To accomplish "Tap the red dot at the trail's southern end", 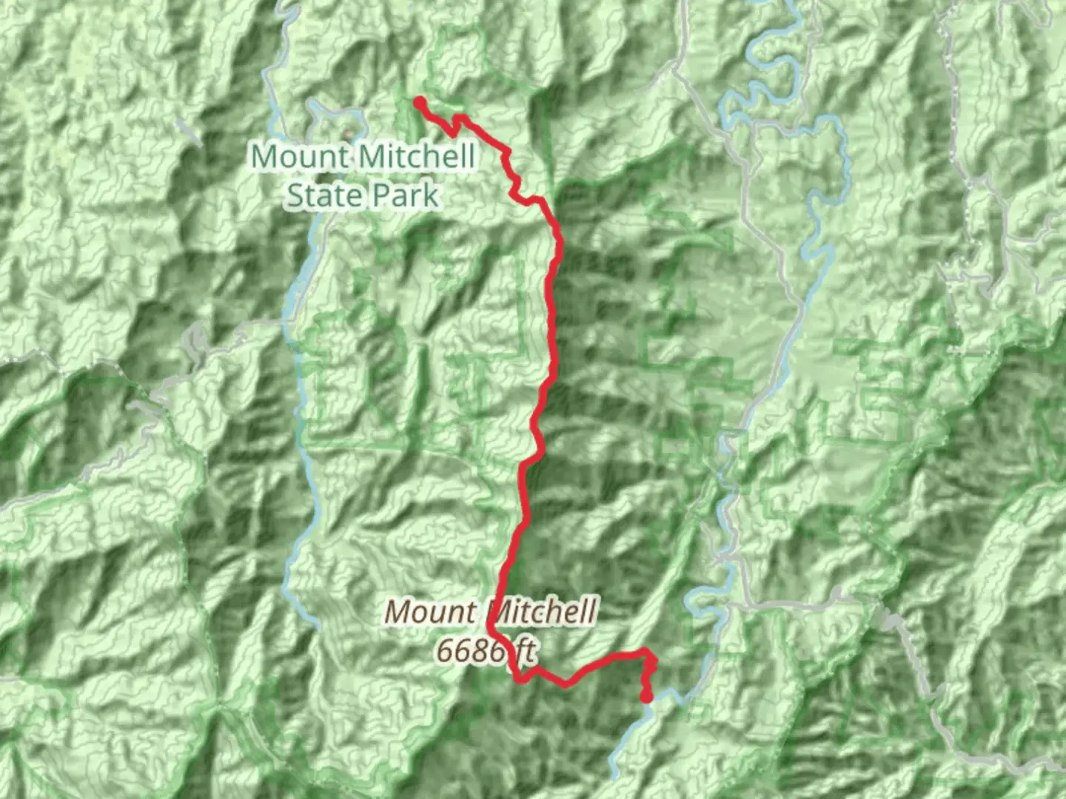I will pyautogui.click(x=646, y=696).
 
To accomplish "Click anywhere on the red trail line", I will pyautogui.click(x=552, y=311).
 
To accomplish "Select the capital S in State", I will pyautogui.click(x=295, y=195).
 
